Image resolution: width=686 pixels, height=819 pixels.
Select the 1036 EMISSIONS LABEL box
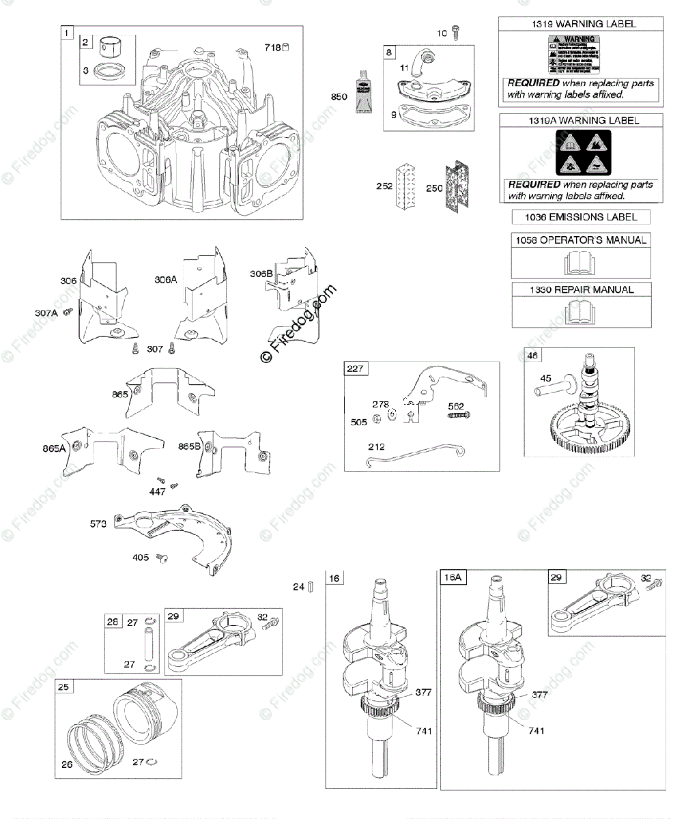[580, 217]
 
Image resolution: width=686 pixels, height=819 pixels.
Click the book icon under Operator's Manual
[580, 263]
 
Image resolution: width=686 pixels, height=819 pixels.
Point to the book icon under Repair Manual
[580, 313]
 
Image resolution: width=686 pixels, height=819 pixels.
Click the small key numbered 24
[311, 586]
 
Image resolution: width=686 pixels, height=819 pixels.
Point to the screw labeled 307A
[67, 312]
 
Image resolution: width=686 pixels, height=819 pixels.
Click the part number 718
[272, 48]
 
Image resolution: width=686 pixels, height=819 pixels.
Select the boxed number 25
[65, 688]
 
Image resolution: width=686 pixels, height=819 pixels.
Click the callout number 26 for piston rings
[67, 764]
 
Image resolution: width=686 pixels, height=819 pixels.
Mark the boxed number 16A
[451, 577]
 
